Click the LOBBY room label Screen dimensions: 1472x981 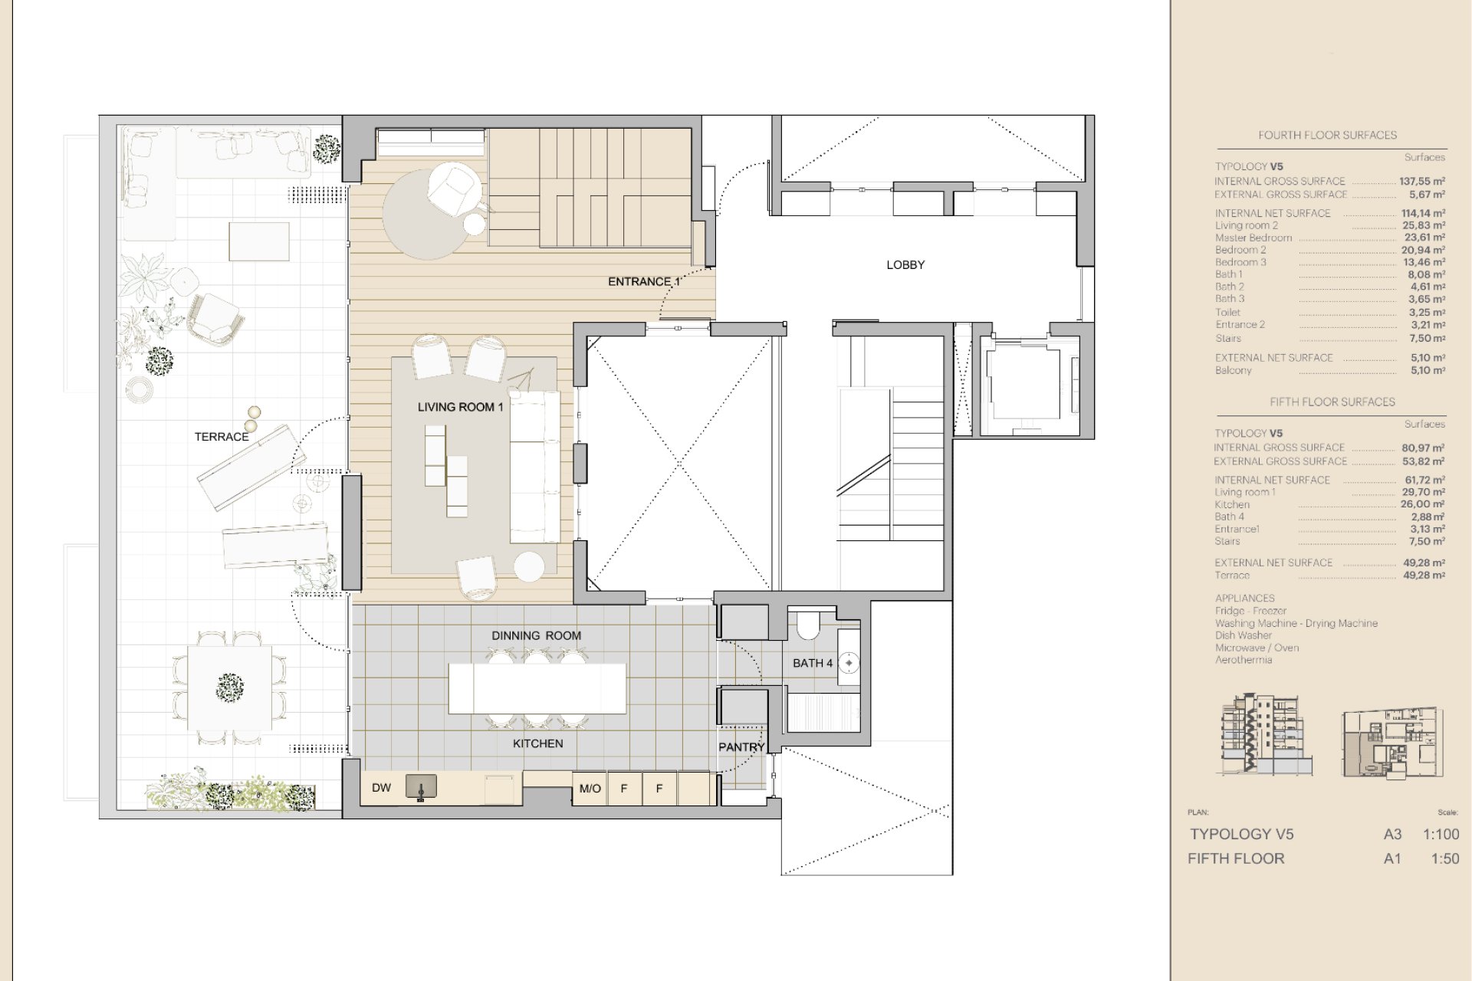coord(905,265)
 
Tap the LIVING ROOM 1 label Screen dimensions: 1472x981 coord(460,407)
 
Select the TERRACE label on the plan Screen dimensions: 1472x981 coord(222,437)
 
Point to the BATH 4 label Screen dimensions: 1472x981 coord(813,663)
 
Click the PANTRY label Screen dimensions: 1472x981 coord(741,747)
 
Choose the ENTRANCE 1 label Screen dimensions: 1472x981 coord(644,281)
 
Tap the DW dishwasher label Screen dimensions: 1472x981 coord(381,788)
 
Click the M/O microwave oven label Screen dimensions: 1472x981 coord(590,788)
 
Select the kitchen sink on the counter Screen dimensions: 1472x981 coord(421,787)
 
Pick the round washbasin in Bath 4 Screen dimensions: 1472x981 coord(849,663)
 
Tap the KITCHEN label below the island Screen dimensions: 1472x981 coord(538,743)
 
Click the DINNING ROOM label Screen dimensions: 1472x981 coord(537,635)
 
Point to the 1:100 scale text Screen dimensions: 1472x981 coord(1441,835)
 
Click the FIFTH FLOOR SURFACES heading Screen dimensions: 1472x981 coord(1332,402)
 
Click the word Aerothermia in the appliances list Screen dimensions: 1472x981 coord(1244,660)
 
